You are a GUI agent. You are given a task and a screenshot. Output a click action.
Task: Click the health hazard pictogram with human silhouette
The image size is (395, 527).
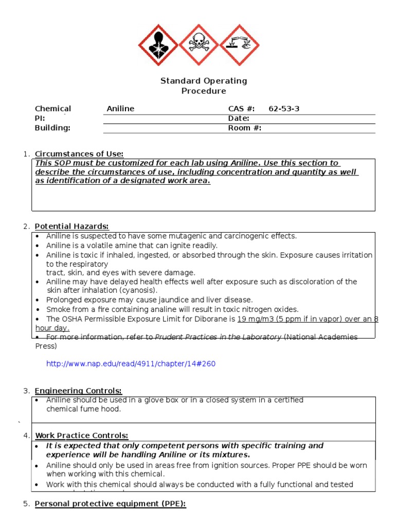click(x=159, y=45)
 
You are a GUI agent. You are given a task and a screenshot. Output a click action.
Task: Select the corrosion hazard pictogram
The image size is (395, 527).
click(x=240, y=45)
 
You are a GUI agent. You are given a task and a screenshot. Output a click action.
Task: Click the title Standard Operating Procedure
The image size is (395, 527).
click(x=204, y=86)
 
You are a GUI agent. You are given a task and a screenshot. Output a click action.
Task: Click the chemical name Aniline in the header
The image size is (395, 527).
click(x=120, y=109)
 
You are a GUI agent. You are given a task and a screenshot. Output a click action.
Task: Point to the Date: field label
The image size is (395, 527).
click(x=239, y=118)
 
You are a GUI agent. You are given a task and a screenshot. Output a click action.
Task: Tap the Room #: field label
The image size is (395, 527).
click(x=244, y=128)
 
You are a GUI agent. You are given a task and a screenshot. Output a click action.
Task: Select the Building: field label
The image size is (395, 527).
click(x=52, y=128)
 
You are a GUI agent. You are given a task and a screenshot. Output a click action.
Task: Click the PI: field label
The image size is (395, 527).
click(x=41, y=118)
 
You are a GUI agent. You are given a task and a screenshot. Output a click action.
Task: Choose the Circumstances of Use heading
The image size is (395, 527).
click(x=79, y=154)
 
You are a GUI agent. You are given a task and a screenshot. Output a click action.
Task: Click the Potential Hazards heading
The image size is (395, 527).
click(x=72, y=226)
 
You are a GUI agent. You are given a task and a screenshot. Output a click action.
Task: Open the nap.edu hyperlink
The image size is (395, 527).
click(x=131, y=364)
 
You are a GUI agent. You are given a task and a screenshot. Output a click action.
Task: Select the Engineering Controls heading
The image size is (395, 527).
click(x=79, y=391)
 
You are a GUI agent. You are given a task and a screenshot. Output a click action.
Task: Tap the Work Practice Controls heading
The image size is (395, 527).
click(x=82, y=436)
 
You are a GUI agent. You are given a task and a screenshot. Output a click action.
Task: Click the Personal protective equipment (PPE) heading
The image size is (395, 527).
click(x=110, y=504)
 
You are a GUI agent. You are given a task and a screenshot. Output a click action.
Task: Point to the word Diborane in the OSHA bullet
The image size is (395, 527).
click(x=219, y=319)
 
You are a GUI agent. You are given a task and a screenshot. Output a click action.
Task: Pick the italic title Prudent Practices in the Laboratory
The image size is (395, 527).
click(x=218, y=337)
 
